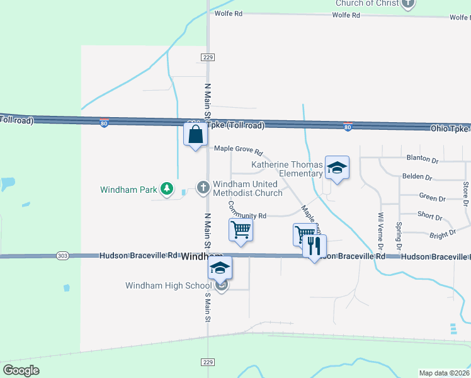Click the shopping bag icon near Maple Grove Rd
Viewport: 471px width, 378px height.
[195, 134]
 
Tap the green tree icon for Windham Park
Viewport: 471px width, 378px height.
[167, 188]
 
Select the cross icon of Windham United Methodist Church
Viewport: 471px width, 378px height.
[203, 187]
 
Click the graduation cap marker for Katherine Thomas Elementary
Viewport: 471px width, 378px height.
[337, 168]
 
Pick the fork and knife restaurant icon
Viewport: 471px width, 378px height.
[315, 245]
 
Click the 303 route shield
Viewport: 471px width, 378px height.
[62, 256]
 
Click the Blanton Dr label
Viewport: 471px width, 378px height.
[423, 159]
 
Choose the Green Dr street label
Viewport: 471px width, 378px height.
[432, 198]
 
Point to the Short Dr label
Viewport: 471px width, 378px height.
[429, 216]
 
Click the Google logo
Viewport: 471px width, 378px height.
[21, 370]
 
